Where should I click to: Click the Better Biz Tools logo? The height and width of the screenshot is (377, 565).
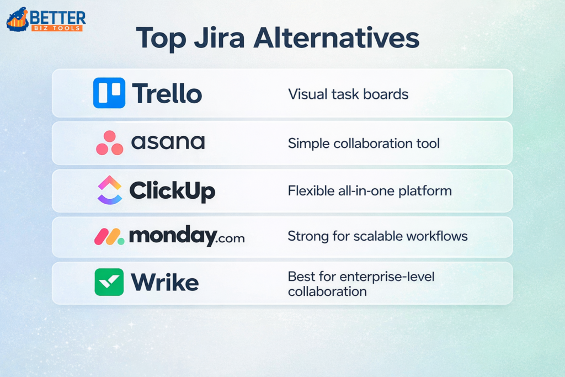coord(45,19)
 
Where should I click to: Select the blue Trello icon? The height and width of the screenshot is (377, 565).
coord(109,93)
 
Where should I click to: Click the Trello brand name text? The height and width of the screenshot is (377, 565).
coord(167,93)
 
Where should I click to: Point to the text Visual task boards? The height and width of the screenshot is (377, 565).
coord(348,94)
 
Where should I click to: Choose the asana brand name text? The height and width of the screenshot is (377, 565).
coord(168,143)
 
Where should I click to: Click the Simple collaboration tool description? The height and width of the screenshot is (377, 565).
coord(364,144)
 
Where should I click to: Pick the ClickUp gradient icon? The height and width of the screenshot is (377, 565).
coord(109,190)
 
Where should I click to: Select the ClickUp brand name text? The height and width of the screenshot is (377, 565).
coord(172,191)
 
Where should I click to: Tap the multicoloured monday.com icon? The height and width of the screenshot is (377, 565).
coord(109,237)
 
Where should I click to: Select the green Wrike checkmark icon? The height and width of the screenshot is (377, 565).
coord(109,282)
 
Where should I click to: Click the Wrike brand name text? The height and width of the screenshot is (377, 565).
coord(164,283)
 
